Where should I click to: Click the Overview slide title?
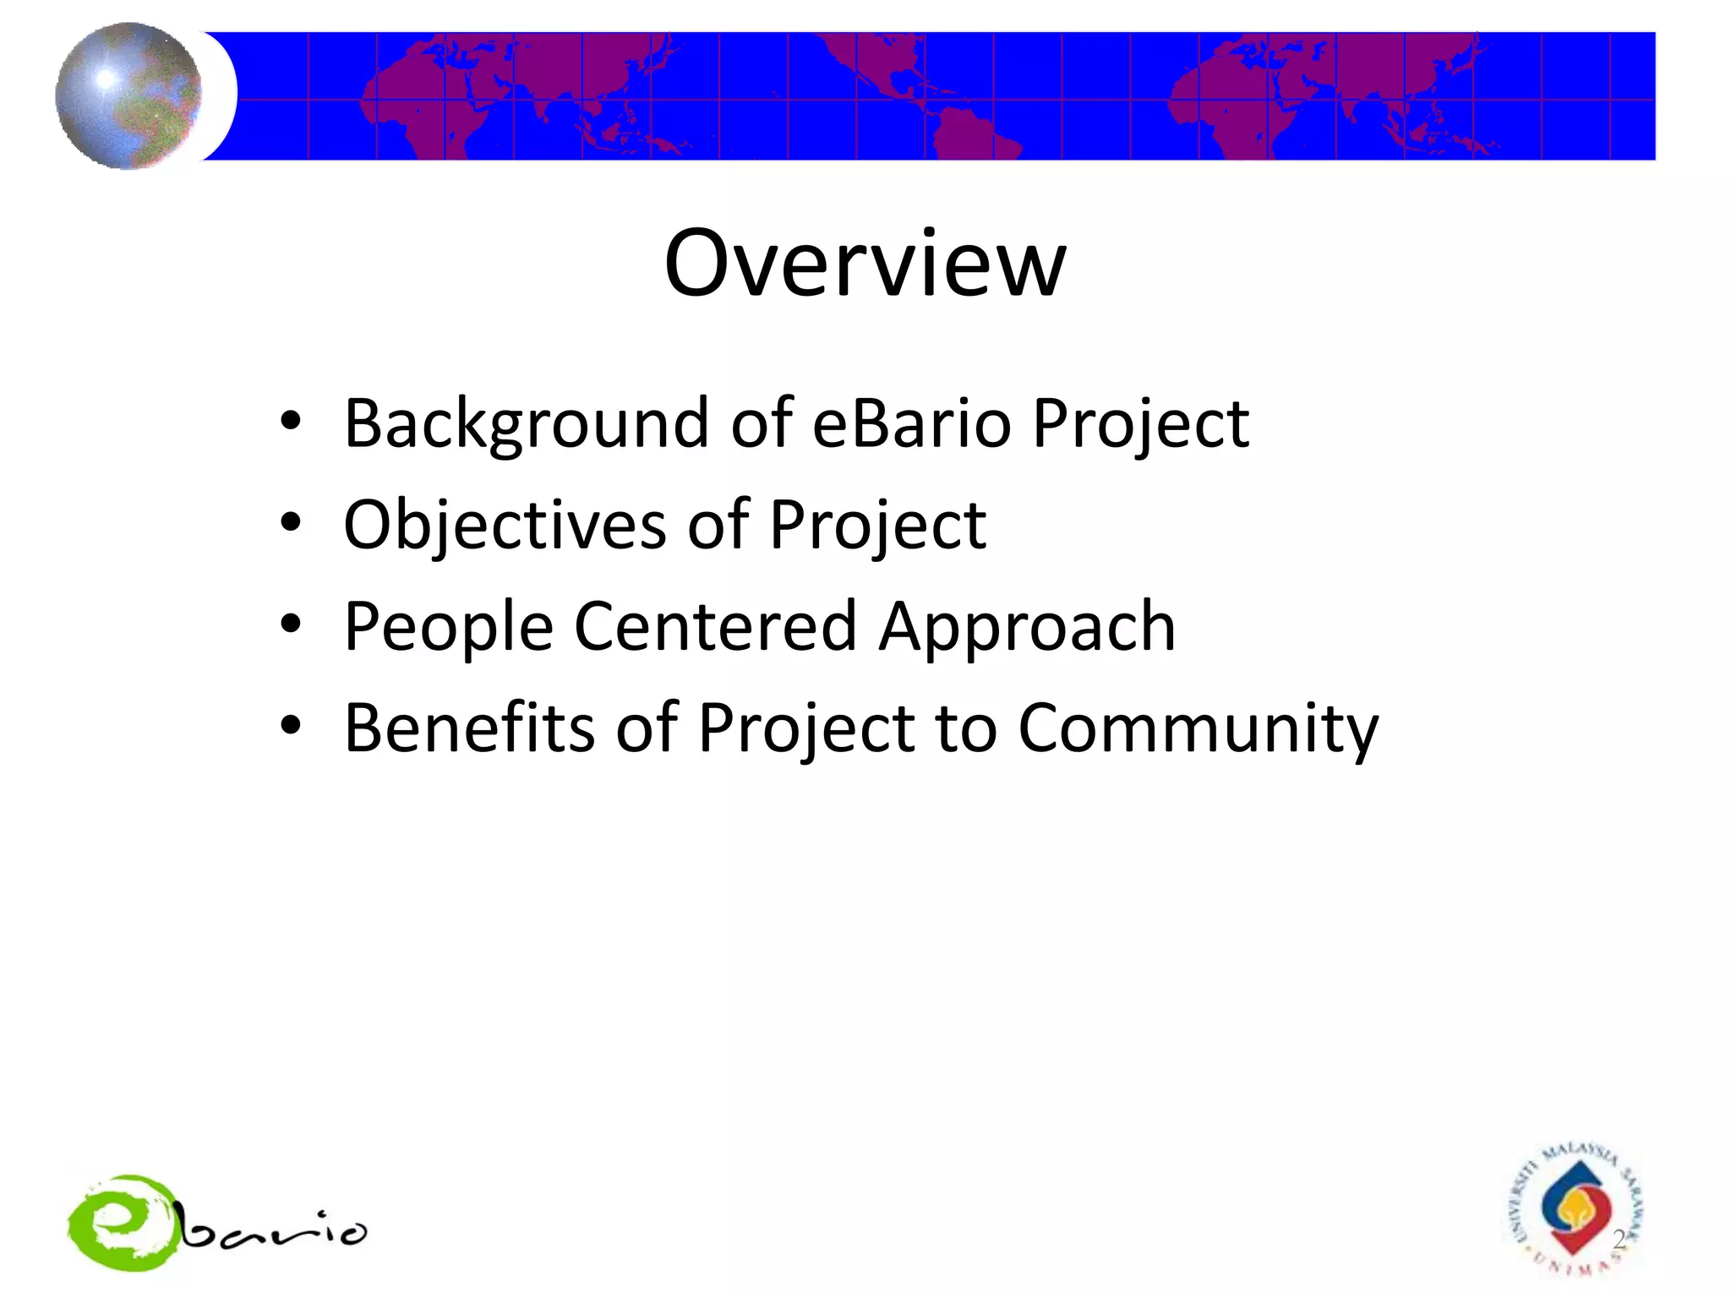pos(865,264)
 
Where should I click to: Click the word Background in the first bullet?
pos(526,424)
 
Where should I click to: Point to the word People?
pos(448,628)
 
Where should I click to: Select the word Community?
pos(1198,729)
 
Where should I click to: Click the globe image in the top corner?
pos(128,95)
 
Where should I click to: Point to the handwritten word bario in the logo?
pos(275,1232)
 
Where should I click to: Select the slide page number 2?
pos(1619,1240)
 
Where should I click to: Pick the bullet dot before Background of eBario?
pos(291,421)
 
